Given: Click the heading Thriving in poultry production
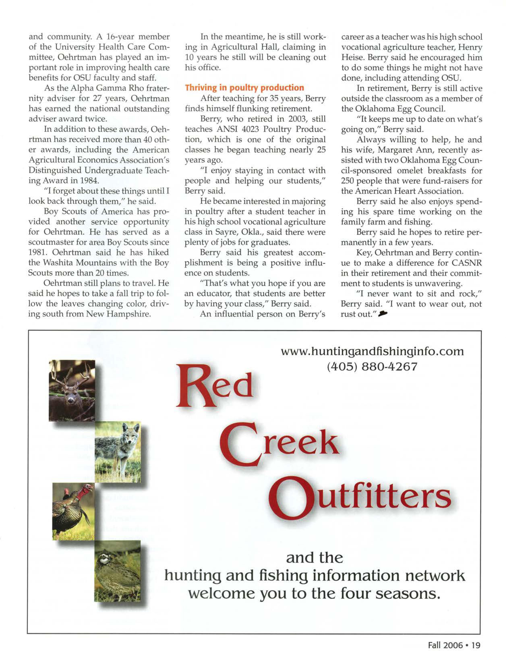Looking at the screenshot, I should pyautogui.click(x=244, y=88).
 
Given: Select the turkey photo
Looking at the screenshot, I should pyautogui.click(x=73, y=511).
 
